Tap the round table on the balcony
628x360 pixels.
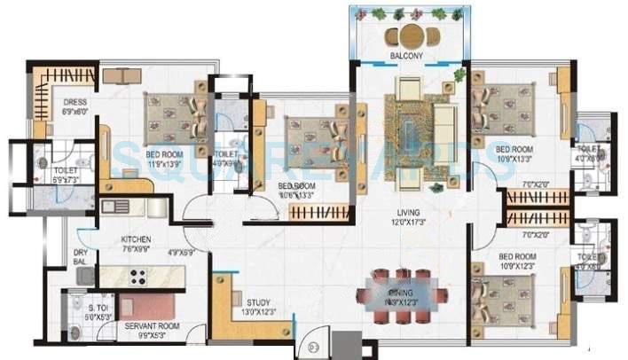[x=409, y=36]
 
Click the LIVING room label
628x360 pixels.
[x=407, y=212]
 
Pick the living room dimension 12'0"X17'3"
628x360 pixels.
[x=407, y=223]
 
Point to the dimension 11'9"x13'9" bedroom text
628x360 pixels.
[x=165, y=165]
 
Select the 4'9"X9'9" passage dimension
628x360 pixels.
[x=200, y=252]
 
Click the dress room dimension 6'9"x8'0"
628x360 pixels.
[x=75, y=113]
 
